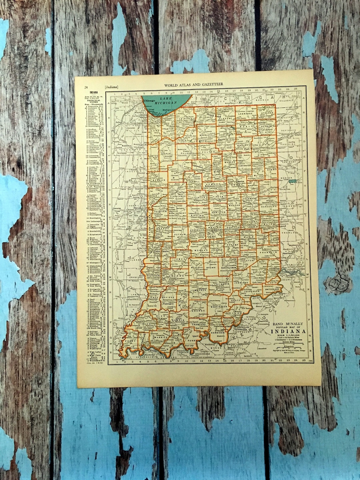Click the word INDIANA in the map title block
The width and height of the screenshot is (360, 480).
click(288, 332)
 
